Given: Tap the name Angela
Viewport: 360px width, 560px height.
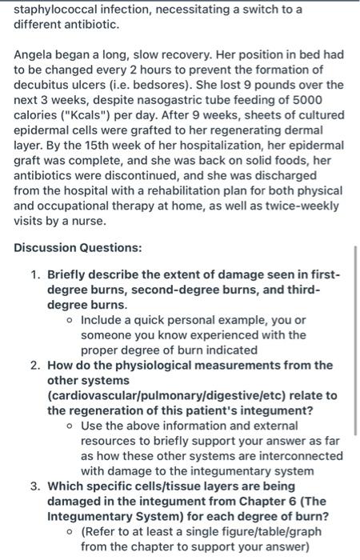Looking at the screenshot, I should pos(37,54).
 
